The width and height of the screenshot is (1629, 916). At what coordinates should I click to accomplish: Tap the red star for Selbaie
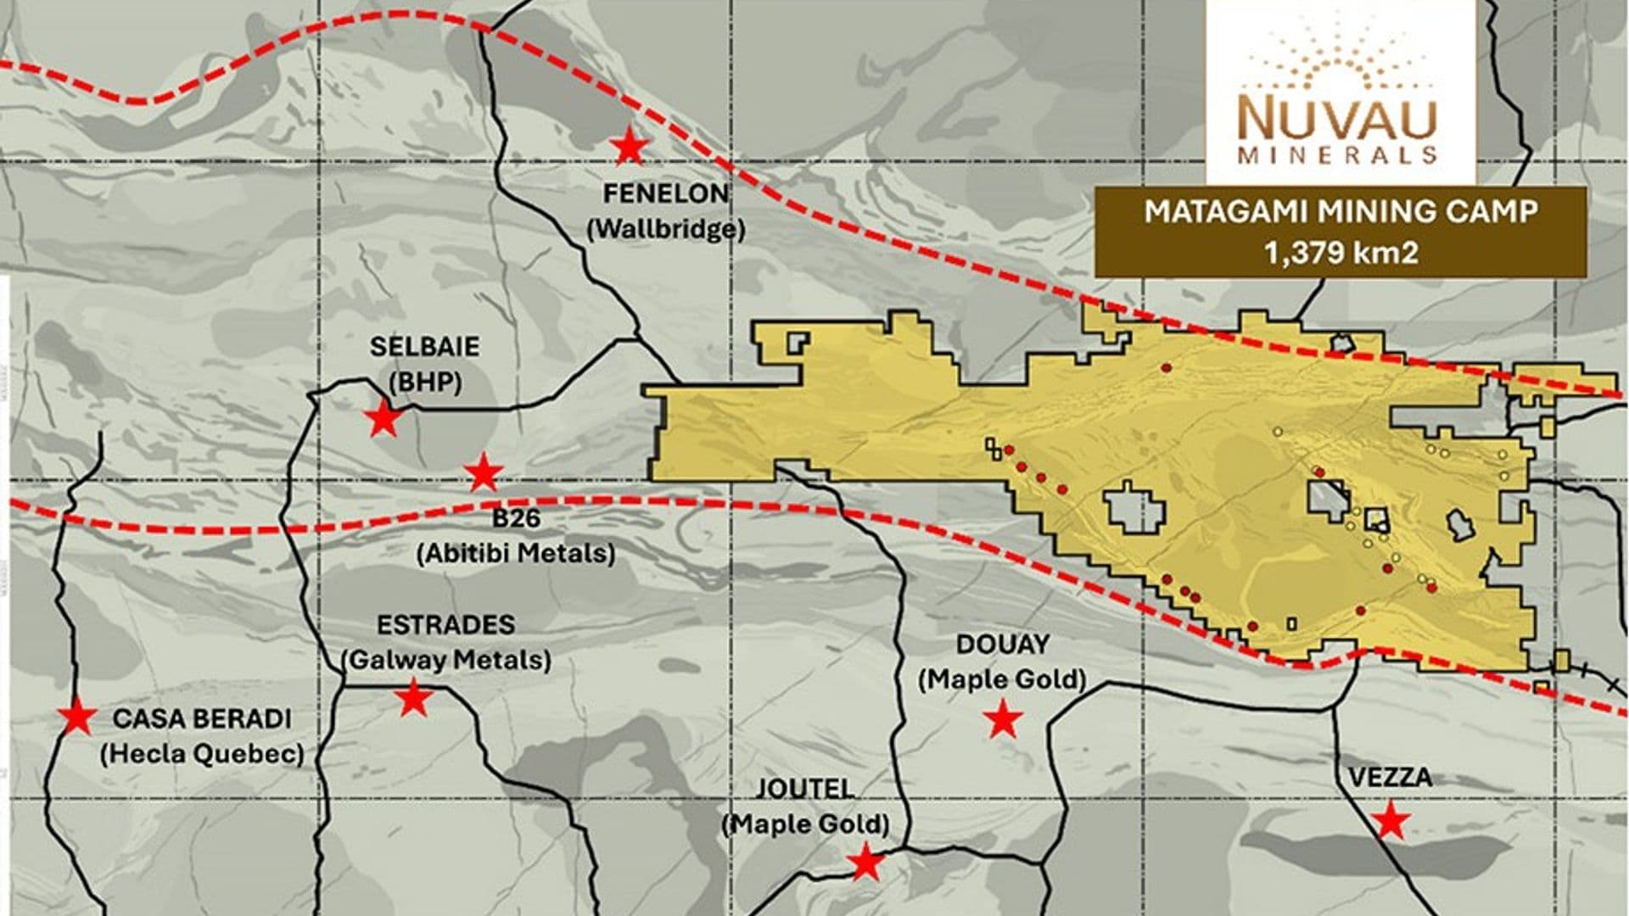[383, 418]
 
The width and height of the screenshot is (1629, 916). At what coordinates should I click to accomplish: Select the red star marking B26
[483, 472]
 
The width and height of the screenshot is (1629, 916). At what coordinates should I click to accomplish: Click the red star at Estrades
[413, 698]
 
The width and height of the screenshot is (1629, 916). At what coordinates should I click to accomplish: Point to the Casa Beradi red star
[77, 718]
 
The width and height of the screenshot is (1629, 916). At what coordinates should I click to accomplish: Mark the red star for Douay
[1003, 719]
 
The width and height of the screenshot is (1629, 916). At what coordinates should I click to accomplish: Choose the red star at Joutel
[865, 863]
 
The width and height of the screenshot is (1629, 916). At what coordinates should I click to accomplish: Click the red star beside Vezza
[1390, 820]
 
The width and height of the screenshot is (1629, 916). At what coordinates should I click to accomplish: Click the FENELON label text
[666, 194]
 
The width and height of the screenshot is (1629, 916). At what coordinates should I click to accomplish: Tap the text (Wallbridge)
[666, 229]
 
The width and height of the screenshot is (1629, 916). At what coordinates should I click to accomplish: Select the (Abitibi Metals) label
[516, 554]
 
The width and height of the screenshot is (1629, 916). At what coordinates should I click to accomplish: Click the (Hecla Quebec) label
[202, 754]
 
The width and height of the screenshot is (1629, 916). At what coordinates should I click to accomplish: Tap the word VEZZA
[1390, 777]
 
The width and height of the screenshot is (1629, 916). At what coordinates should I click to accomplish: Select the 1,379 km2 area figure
[1341, 253]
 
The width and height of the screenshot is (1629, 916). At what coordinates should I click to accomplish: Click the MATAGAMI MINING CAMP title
[1341, 211]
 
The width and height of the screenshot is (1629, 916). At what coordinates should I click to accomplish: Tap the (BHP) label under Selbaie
[424, 383]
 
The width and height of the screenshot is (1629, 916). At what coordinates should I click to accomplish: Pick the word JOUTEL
[803, 789]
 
